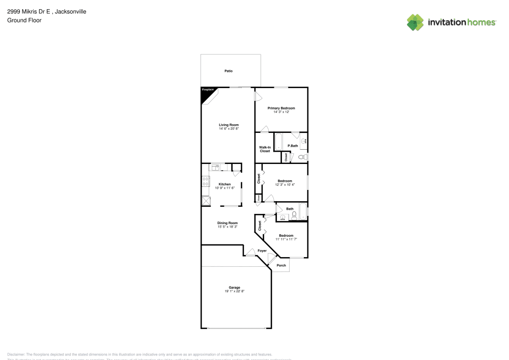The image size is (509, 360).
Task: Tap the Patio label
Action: [x=229, y=71]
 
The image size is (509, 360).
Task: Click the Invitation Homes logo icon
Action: [x=415, y=22]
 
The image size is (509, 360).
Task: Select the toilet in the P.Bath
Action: [x=301, y=157]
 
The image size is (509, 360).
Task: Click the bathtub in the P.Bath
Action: [x=278, y=142]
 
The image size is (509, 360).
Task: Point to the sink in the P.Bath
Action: [x=304, y=141]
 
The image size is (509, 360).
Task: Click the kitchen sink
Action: [x=215, y=167]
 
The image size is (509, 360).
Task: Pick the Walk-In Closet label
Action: [x=265, y=149]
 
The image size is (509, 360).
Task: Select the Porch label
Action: [x=281, y=265]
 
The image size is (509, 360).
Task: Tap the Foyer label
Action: [x=262, y=251]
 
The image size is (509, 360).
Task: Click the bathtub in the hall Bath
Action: [x=302, y=211]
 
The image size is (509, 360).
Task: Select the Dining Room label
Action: [x=228, y=223]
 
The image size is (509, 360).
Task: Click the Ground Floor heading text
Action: [x=24, y=20]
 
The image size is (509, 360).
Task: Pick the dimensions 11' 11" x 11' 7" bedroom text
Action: [x=286, y=239]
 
